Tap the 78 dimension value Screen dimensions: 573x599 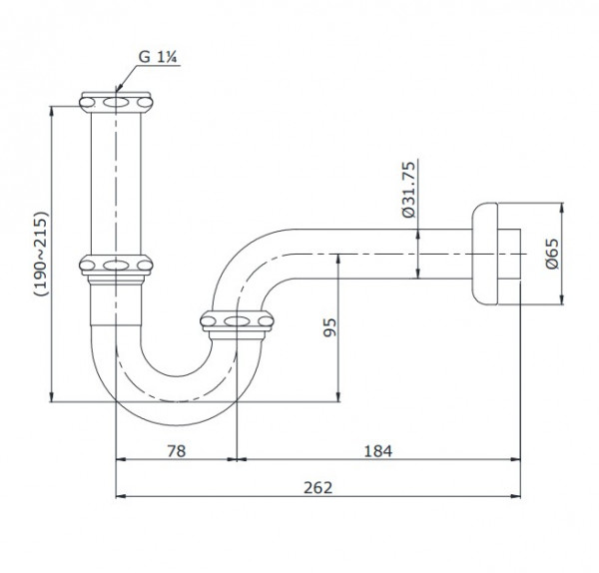tap(175, 450)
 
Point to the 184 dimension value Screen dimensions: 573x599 tap(377, 450)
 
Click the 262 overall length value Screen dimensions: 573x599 tap(316, 488)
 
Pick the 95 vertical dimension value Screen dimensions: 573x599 tap(328, 328)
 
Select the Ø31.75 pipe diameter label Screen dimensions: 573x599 tap(408, 189)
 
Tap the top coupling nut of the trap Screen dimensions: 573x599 tap(118, 101)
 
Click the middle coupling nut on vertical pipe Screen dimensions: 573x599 tap(118, 267)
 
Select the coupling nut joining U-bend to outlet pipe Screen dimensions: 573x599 tap(238, 321)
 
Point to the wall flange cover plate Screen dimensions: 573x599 tap(484, 256)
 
